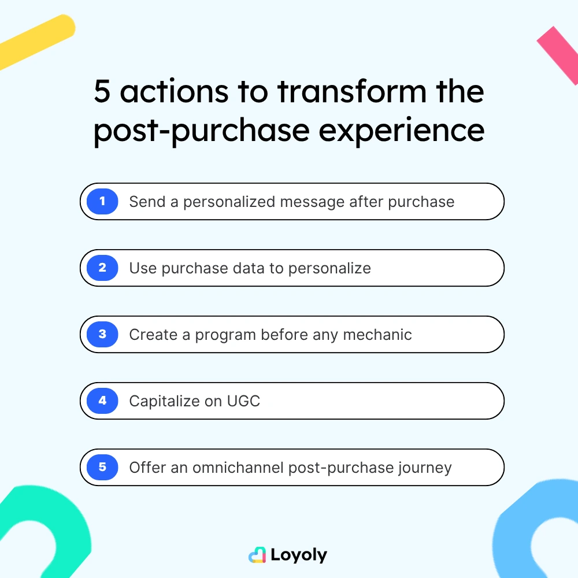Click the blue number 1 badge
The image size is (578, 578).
(x=102, y=202)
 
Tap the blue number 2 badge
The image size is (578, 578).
(x=102, y=268)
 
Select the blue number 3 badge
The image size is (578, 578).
(x=102, y=335)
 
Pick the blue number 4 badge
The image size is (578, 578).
(x=102, y=401)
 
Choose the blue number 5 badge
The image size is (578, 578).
(x=102, y=467)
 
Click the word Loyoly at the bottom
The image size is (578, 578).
(x=298, y=555)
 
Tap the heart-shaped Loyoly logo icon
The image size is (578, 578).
(x=257, y=555)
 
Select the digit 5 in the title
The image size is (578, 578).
(x=102, y=92)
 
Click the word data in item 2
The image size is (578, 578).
(x=263, y=268)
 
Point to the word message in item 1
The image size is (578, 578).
(x=313, y=202)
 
